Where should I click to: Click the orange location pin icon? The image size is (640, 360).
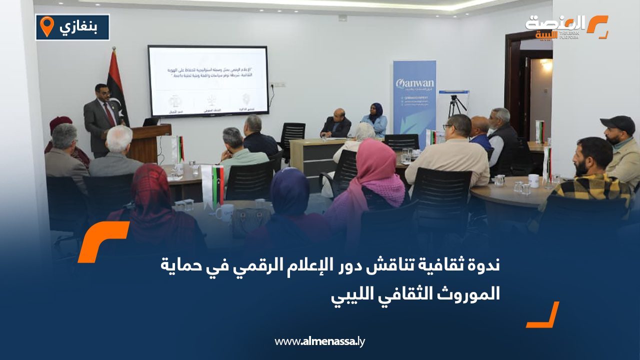pos(46,26)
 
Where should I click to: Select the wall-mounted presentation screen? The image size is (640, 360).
pos(207,81)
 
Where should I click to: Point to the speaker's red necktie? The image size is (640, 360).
pos(108,114)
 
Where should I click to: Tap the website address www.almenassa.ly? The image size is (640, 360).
pos(319,341)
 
